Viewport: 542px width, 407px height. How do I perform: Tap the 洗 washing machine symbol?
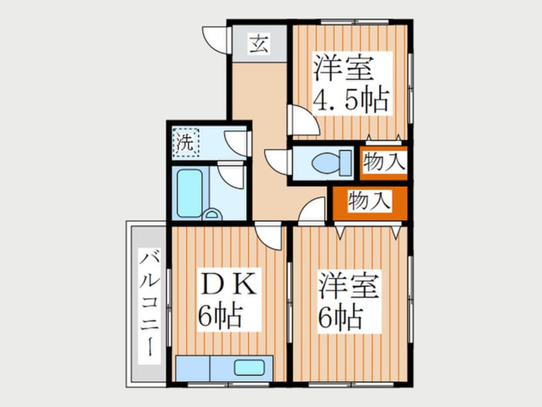point(185,141)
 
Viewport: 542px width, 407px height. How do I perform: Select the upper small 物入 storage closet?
point(383,162)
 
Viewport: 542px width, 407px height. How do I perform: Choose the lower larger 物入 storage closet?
point(370,202)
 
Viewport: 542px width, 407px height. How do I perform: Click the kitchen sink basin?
point(247,368)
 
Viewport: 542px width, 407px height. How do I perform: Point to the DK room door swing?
point(269,236)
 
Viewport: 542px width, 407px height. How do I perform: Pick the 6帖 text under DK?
point(220,316)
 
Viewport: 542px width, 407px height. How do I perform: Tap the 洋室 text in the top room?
point(344,68)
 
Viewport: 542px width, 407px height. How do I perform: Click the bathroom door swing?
point(230,174)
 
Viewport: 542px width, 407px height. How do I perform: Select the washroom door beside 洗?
point(237,142)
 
